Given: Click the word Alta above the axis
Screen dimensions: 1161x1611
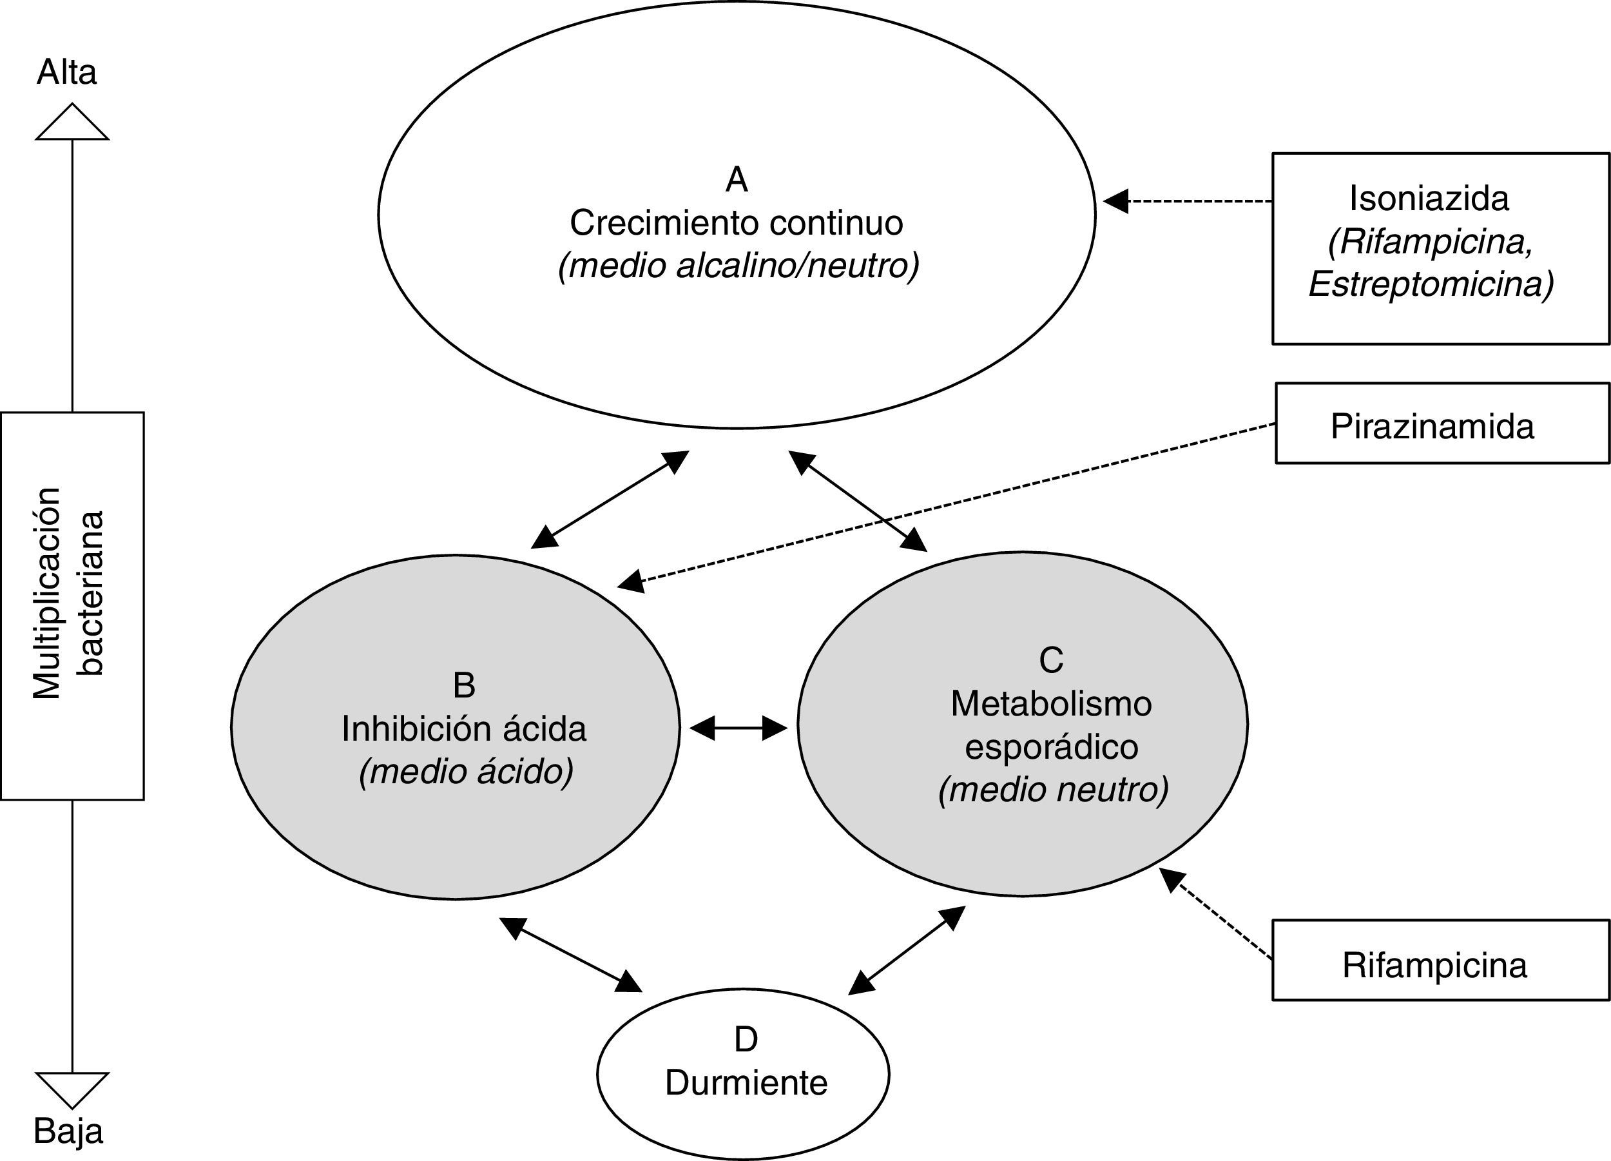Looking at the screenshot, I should pos(66,72).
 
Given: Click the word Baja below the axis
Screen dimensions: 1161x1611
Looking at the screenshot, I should pos(68,1131).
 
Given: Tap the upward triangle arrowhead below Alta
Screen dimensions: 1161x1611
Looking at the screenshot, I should pos(72,124).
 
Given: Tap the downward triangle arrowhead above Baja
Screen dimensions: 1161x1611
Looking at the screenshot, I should pos(72,1087).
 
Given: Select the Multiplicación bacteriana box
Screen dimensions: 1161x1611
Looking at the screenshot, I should pos(72,605).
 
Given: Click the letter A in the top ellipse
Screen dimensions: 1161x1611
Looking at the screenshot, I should pos(737,180).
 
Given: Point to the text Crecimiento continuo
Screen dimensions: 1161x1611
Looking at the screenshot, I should pos(736,223).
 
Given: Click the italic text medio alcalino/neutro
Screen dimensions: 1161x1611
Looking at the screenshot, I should pos(738,266).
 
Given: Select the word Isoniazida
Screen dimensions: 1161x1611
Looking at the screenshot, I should pos(1429,199).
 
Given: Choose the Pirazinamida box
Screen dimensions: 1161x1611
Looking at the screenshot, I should pos(1442,424).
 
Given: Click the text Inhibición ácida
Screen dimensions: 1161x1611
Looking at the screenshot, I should pos(464,729).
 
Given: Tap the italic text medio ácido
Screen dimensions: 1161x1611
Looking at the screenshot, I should pos(466,772).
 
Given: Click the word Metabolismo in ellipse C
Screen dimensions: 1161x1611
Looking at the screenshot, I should pos(1051,704).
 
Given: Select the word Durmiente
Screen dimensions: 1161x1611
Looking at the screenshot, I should pos(746,1084).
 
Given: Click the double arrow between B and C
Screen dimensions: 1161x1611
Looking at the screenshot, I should pos(738,728).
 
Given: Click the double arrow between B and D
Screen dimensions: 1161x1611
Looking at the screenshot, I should pos(570,954).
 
